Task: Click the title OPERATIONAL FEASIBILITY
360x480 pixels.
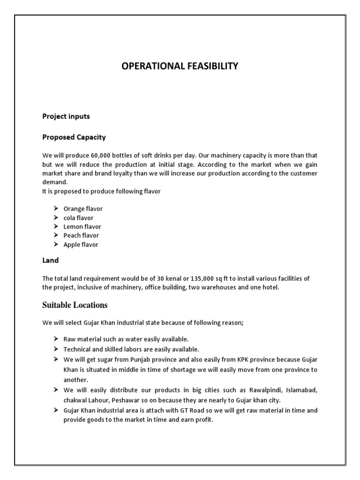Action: point(180,67)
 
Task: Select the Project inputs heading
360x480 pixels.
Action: point(66,116)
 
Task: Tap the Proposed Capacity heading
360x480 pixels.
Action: point(74,137)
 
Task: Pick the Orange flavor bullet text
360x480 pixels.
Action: point(83,209)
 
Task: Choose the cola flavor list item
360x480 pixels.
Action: point(78,218)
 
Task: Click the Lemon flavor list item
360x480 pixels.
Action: point(82,227)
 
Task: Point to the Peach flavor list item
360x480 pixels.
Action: point(81,236)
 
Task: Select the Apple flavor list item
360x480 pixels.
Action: point(81,245)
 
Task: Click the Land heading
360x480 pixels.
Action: point(50,260)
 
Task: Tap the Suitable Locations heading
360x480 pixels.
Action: point(75,305)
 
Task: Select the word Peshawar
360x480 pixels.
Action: point(130,399)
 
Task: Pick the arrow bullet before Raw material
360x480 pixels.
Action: point(54,338)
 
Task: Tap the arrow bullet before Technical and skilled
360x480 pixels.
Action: point(54,349)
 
